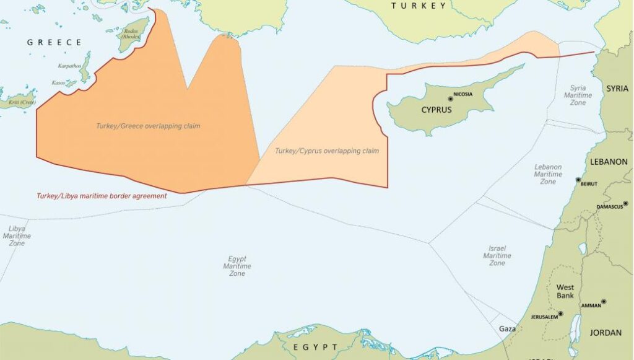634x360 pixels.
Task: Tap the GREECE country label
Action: (x=54, y=43)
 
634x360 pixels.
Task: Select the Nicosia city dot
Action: (x=450, y=99)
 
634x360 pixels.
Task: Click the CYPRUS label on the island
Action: (x=436, y=110)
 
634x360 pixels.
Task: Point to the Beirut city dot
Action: (x=578, y=180)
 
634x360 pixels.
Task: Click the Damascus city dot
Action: (x=625, y=203)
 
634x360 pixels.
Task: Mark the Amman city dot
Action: (x=604, y=302)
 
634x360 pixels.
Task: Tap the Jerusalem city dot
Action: (x=560, y=314)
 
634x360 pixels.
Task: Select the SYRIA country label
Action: (x=617, y=89)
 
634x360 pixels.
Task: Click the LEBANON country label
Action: (x=609, y=162)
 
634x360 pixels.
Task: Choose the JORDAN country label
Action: (x=606, y=333)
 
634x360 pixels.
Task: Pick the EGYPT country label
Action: (x=316, y=347)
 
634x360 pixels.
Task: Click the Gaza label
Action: (x=507, y=329)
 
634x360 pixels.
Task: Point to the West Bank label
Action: (x=565, y=291)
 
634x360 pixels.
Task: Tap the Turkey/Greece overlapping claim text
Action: (x=148, y=126)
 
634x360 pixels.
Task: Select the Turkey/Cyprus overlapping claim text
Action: (x=327, y=151)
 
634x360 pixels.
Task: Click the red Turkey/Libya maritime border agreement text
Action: (x=101, y=196)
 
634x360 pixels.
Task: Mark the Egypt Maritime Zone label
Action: (x=237, y=266)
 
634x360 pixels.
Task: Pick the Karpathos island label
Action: (x=68, y=64)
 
